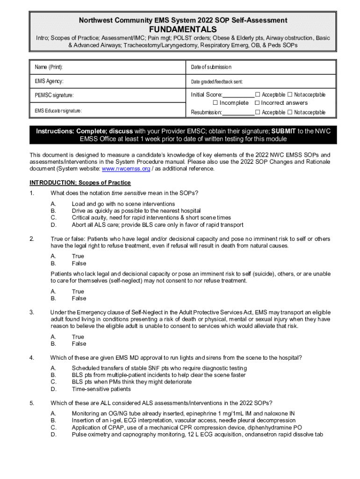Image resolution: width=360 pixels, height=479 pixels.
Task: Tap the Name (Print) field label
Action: (x=49, y=67)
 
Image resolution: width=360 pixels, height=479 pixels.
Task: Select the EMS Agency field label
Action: (x=49, y=81)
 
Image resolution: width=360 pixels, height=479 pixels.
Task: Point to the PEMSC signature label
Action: (x=54, y=95)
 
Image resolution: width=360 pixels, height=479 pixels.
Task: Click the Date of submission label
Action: (x=211, y=67)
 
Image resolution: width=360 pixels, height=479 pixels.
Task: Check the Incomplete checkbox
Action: (x=216, y=103)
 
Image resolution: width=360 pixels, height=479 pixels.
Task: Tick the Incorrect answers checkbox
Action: (x=257, y=103)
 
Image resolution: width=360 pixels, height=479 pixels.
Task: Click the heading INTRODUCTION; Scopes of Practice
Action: (x=80, y=182)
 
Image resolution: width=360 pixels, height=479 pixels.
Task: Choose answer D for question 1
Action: (x=53, y=225)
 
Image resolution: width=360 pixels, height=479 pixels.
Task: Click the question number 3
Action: (x=31, y=312)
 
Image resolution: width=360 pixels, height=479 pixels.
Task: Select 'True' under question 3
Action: (x=78, y=337)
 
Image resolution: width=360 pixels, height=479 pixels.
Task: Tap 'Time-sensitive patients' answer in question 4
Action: (x=101, y=389)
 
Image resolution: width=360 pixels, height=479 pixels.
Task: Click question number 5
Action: (x=31, y=403)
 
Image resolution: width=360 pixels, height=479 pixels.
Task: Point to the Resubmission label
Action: (x=206, y=112)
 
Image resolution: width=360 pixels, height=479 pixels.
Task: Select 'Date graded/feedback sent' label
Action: (x=216, y=81)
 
